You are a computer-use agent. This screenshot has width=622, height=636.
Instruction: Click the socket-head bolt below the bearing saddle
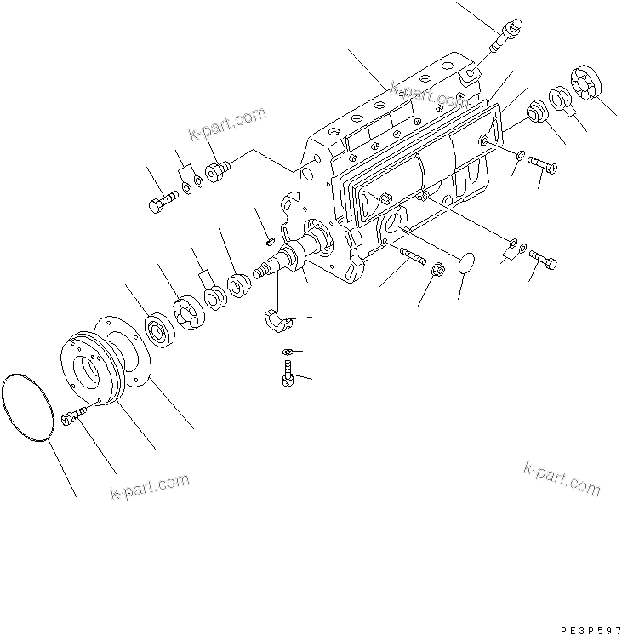(x=287, y=373)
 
